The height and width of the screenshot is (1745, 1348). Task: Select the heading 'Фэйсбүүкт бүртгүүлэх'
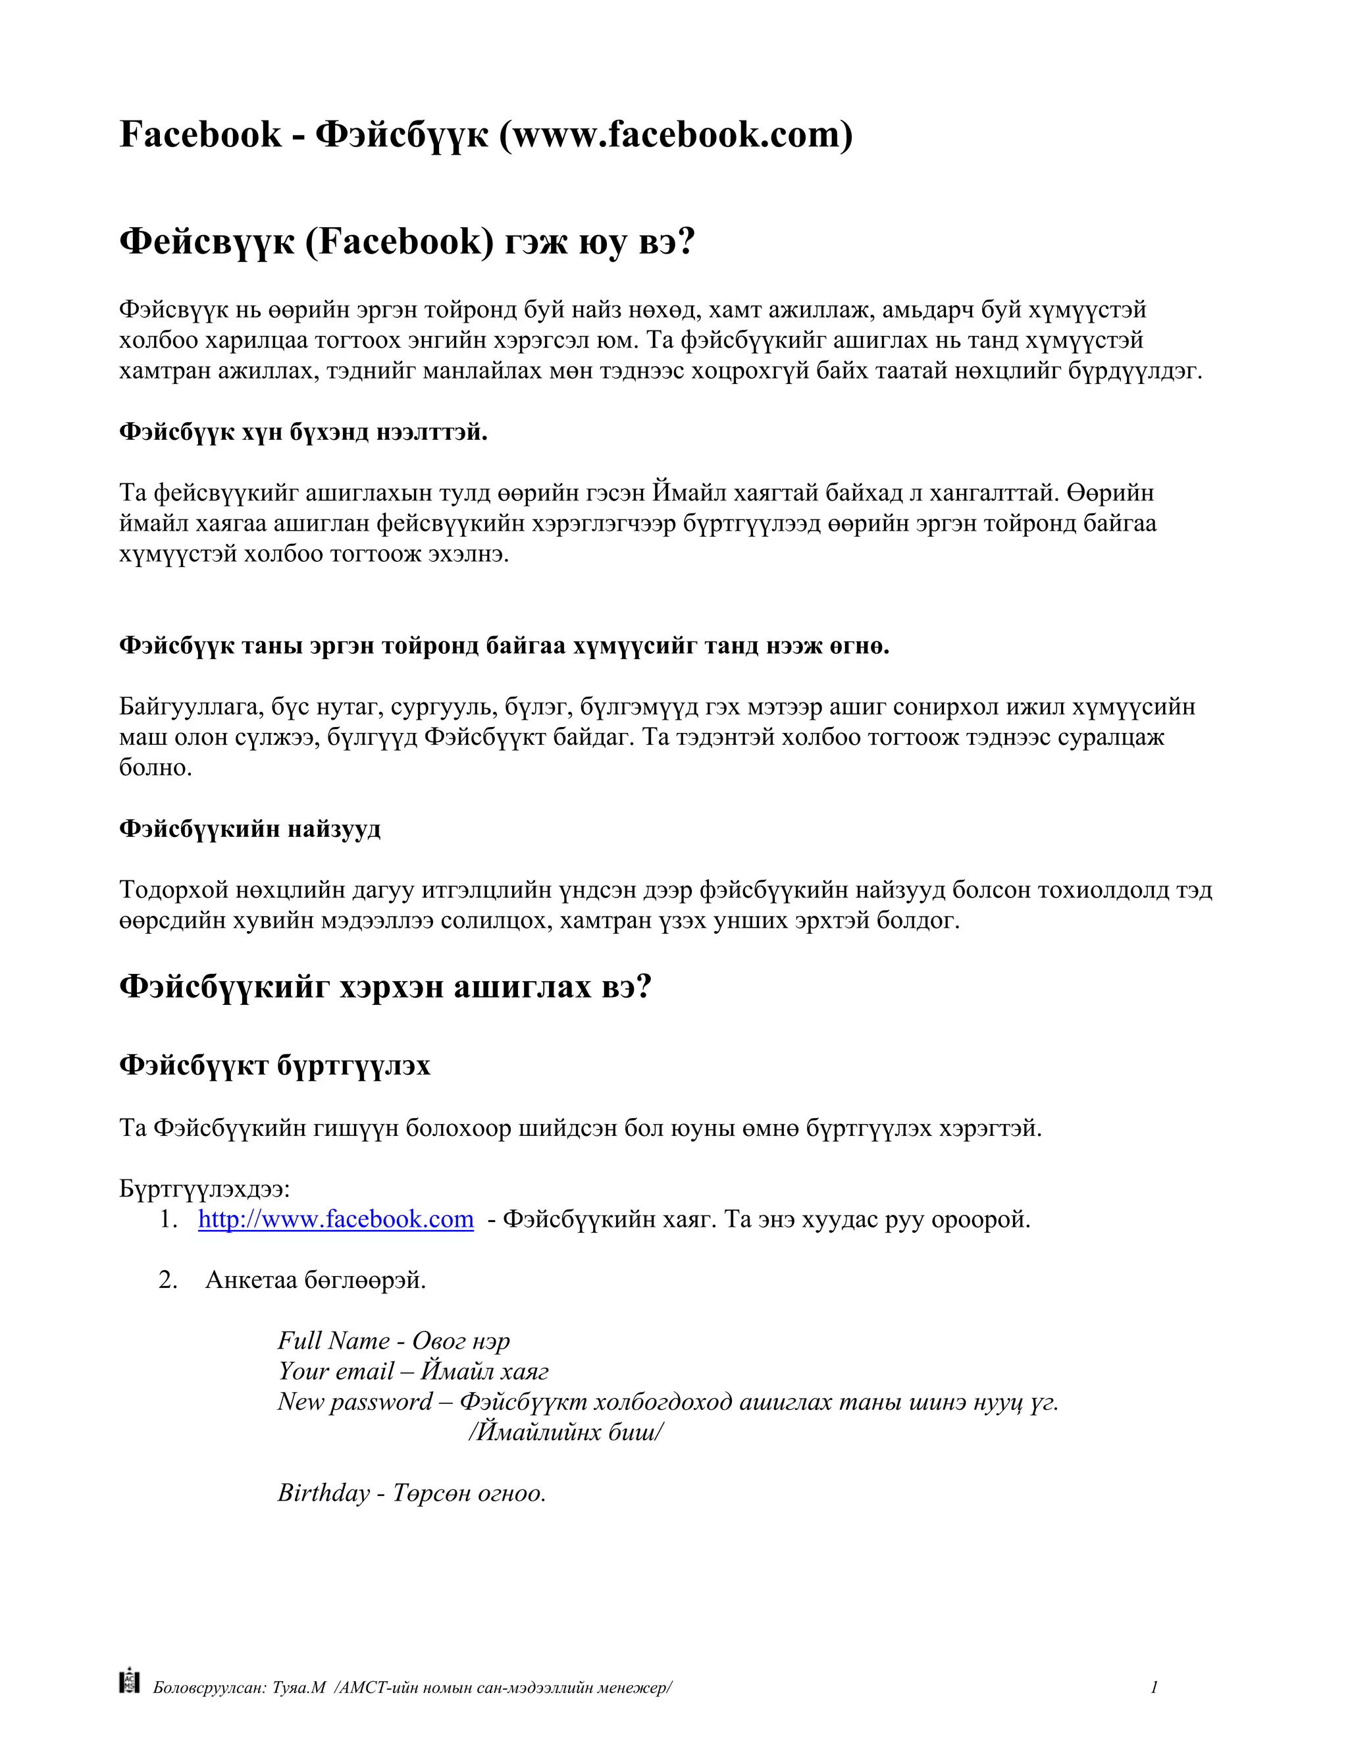(x=274, y=1065)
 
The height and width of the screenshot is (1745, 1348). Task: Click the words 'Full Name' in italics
(x=333, y=1340)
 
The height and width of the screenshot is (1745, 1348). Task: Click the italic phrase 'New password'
(x=355, y=1401)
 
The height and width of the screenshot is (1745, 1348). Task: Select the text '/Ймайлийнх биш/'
(x=565, y=1431)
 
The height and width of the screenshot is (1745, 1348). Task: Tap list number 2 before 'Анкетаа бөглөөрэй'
(x=168, y=1279)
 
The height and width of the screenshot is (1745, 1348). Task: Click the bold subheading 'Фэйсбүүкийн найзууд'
(x=250, y=828)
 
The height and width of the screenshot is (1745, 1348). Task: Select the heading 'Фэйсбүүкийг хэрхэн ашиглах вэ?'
(x=385, y=987)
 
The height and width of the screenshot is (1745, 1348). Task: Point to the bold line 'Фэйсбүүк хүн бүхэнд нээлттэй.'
(x=303, y=432)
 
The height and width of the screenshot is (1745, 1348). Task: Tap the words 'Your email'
(x=336, y=1370)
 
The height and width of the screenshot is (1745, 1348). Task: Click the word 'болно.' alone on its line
(x=156, y=768)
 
